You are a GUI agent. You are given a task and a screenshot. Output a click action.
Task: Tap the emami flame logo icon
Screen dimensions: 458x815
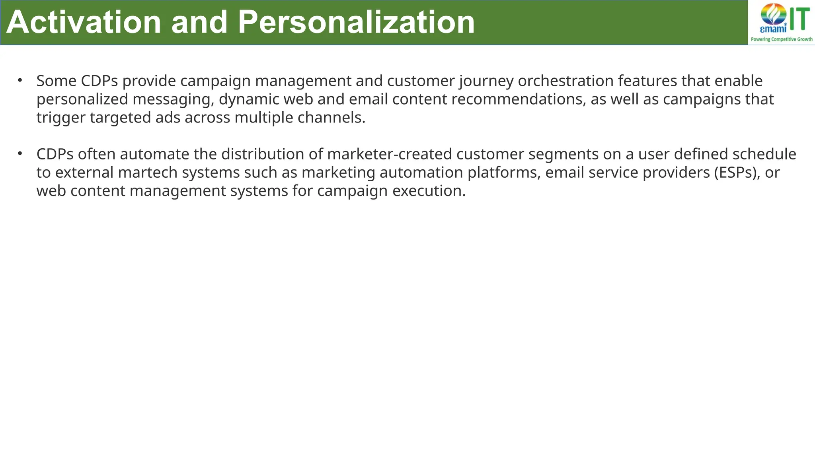(x=774, y=15)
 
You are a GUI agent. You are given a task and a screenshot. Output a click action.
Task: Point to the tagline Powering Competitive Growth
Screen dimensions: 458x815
(x=782, y=39)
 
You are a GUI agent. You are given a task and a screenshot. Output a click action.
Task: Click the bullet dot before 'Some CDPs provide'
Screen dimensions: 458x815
(x=20, y=80)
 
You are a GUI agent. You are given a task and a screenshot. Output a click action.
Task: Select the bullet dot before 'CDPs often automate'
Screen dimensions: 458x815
(x=20, y=153)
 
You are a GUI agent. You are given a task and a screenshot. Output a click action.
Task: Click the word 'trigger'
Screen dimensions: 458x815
(x=61, y=118)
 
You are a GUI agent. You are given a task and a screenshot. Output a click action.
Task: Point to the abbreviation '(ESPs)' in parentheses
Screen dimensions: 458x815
(x=737, y=172)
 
